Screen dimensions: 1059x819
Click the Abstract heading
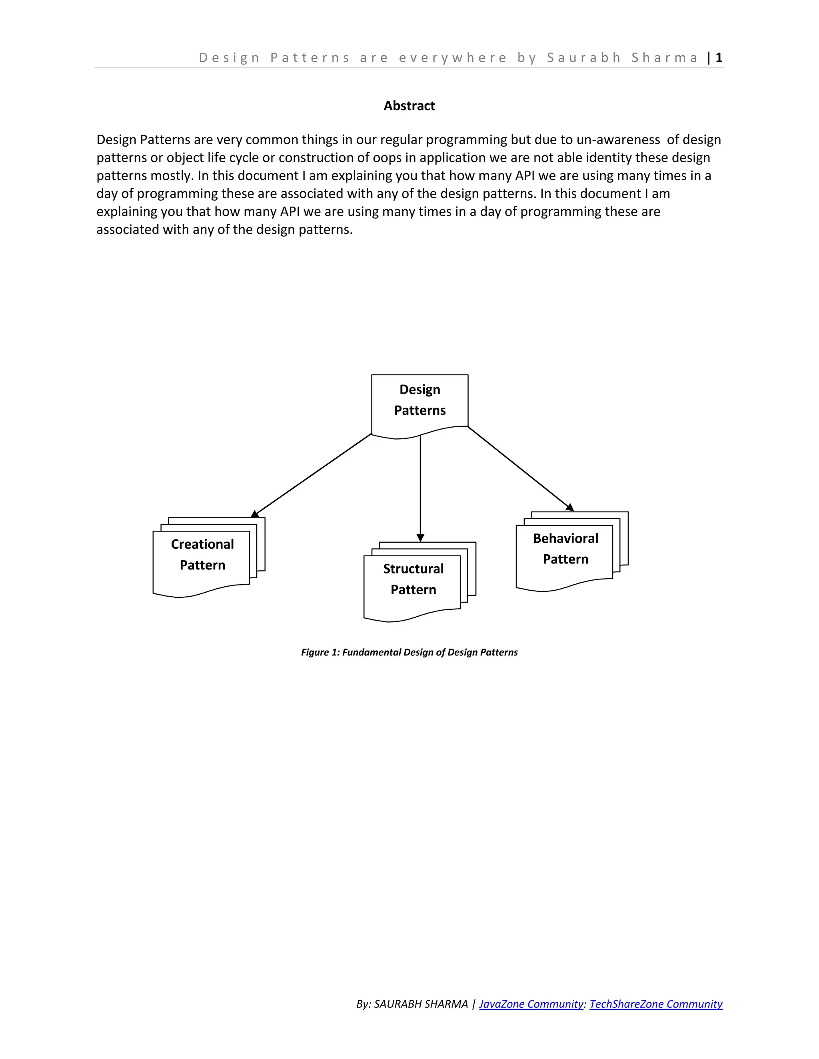(x=409, y=106)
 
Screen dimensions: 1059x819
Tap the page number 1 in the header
(x=719, y=58)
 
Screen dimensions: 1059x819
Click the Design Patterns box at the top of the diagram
(x=419, y=400)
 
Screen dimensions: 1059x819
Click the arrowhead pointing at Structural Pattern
(x=420, y=538)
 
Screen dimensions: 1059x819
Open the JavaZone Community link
(x=531, y=1004)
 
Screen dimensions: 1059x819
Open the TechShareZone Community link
(x=655, y=1004)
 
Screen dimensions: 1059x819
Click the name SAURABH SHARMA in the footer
(x=421, y=1004)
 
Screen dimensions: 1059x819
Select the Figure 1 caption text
(x=409, y=652)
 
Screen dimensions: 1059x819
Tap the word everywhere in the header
(x=453, y=58)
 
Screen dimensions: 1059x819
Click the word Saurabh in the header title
(x=584, y=58)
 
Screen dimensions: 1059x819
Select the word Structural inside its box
(x=413, y=569)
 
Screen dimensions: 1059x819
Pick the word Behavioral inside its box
(x=565, y=538)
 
